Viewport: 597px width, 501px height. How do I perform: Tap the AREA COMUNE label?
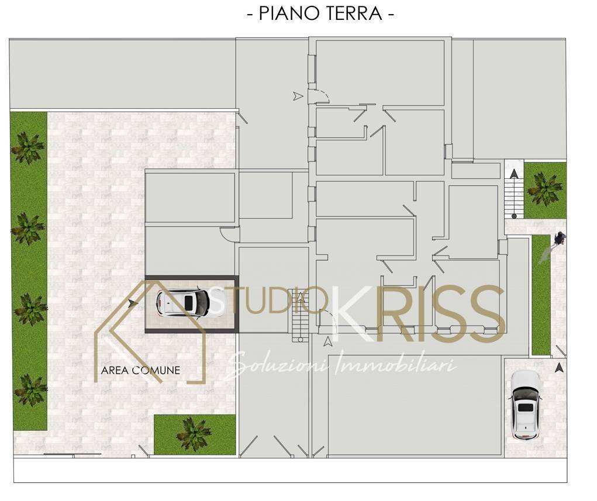pos(140,370)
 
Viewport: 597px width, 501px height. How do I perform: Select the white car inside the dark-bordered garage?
pos(183,303)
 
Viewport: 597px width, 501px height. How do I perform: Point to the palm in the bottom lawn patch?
pos(194,434)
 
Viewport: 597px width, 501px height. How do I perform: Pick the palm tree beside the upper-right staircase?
pos(544,188)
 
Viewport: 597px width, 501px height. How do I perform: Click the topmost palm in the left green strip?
pos(27,147)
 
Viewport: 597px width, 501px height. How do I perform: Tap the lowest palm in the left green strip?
pos(30,389)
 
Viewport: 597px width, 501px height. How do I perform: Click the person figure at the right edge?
pos(560,239)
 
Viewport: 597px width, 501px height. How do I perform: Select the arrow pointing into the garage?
pos(133,303)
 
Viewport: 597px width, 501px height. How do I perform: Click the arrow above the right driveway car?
pos(558,368)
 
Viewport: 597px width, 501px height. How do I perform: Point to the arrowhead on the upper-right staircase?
pos(514,174)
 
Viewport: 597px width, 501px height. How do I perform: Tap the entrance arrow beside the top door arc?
pos(298,96)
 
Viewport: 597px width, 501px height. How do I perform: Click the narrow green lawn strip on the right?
pos(541,295)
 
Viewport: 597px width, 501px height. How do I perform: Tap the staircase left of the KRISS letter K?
pos(299,315)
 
